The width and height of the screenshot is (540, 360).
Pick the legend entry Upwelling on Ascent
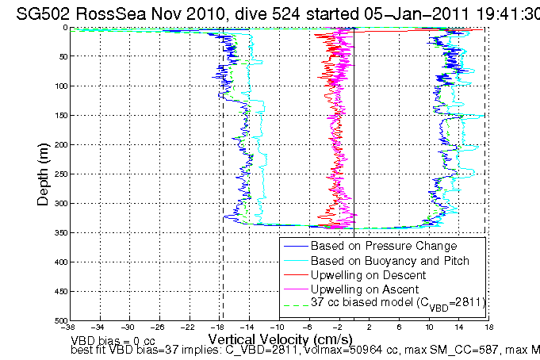click(362, 289)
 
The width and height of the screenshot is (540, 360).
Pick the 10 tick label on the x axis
click(430, 327)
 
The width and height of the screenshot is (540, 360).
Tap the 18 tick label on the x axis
click(489, 327)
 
